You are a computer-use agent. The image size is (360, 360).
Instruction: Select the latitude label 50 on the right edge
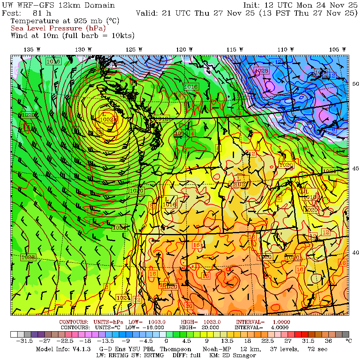click(355, 84)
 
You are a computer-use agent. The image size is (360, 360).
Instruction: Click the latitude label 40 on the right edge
click(355, 253)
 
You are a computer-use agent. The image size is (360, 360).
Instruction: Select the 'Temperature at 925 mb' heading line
click(64, 20)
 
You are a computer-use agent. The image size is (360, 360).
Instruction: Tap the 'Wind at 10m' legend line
click(72, 36)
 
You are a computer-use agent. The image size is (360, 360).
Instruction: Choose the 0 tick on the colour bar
click(166, 341)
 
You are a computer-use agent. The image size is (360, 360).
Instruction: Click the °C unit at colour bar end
click(348, 341)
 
